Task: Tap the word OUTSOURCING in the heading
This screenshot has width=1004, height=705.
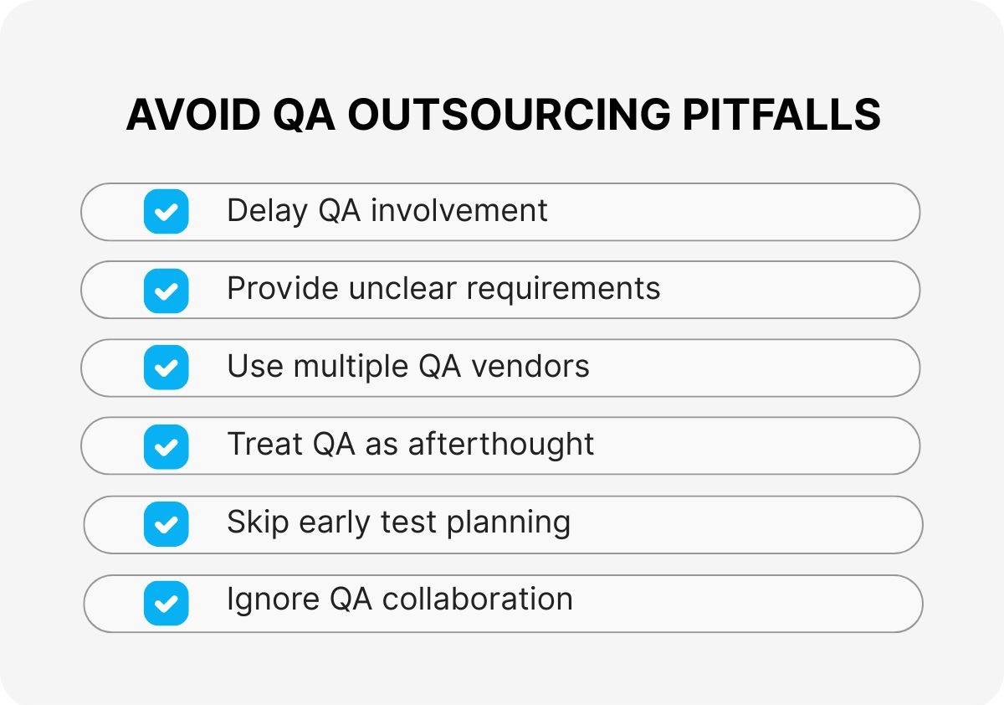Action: click(x=508, y=115)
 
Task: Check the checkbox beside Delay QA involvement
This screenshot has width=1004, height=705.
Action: click(x=166, y=211)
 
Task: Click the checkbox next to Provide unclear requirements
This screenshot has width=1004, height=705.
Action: click(x=166, y=290)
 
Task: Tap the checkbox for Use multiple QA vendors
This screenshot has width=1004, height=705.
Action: click(x=166, y=368)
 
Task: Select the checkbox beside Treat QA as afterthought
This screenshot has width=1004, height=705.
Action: click(x=166, y=446)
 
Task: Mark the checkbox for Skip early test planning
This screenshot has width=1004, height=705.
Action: click(x=166, y=524)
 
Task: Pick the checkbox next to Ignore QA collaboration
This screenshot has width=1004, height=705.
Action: click(x=166, y=603)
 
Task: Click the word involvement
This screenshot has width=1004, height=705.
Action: click(x=458, y=210)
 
